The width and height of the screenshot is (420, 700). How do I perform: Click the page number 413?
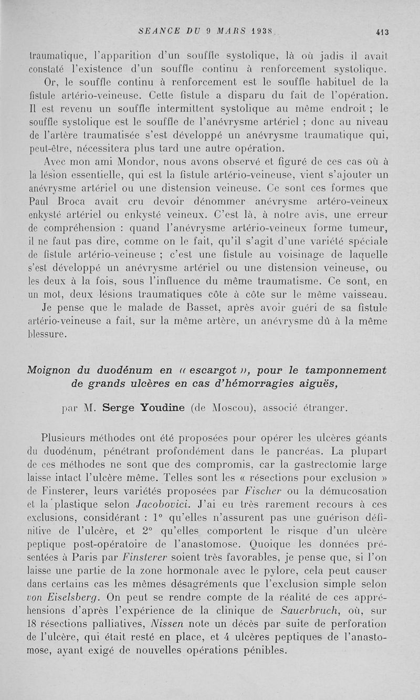click(382, 32)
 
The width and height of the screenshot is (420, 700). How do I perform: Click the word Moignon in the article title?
click(51, 370)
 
